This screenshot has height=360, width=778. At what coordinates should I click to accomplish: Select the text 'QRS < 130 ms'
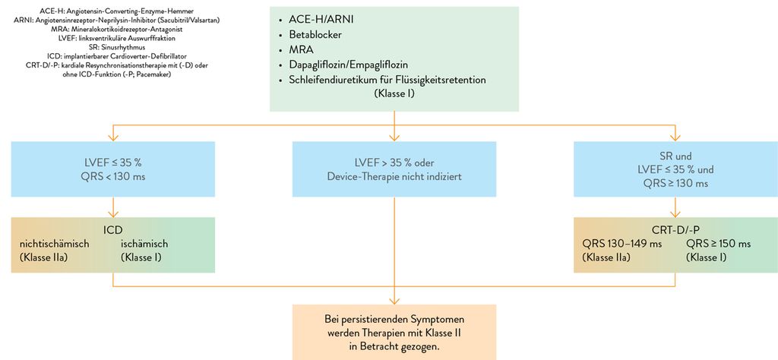(x=113, y=176)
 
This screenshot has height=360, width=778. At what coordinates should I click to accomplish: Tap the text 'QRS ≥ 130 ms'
(x=675, y=184)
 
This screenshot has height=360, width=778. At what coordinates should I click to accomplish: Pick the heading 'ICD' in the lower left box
(x=113, y=230)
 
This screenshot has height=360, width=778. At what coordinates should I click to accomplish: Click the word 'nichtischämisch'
(x=54, y=244)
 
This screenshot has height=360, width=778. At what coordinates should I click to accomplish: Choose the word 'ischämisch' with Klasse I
(x=144, y=244)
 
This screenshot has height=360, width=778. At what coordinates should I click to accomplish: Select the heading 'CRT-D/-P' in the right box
(x=675, y=230)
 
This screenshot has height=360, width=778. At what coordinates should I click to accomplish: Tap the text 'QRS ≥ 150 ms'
(x=719, y=244)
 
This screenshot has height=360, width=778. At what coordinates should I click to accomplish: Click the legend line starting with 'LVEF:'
(x=111, y=38)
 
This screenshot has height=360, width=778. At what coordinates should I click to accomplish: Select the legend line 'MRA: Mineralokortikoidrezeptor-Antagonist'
(x=111, y=29)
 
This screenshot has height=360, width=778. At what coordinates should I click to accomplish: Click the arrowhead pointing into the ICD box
(x=113, y=214)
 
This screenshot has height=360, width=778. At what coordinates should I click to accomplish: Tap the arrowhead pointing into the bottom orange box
(x=394, y=301)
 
